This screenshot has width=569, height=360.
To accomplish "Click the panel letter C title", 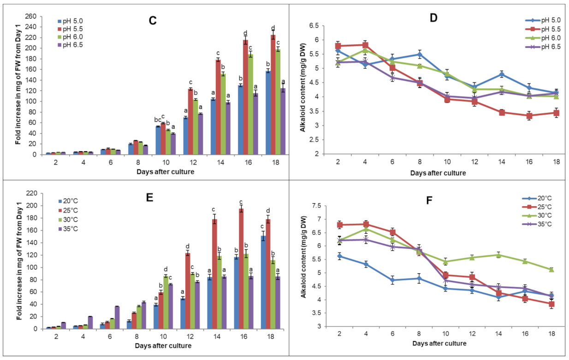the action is (x=153, y=21).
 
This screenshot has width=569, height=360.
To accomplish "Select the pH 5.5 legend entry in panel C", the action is (x=71, y=29).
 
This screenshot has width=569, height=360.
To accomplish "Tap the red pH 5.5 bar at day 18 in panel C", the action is (x=273, y=94).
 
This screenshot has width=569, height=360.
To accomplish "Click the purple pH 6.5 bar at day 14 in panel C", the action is (x=228, y=128).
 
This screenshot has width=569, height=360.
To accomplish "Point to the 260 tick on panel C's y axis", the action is (x=31, y=16).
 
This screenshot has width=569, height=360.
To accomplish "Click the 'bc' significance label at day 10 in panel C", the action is (x=158, y=119).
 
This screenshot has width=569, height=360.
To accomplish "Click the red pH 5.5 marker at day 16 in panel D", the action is (x=529, y=116).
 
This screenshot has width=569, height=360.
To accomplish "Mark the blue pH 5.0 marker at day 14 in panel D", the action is (x=502, y=74).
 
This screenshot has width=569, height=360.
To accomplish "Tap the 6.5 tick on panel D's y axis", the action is (x=314, y=26).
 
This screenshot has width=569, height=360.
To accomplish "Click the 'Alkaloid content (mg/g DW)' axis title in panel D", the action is (x=302, y=88).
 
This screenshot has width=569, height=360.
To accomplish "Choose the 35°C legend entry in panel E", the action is (x=68, y=229).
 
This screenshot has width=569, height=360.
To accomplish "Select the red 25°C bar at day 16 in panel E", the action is (x=241, y=269).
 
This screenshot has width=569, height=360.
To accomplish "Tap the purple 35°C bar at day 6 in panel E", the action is (x=117, y=318).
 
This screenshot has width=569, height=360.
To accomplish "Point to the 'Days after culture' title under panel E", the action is (x=163, y=346).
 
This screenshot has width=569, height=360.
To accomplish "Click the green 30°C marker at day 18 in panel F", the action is (x=551, y=270).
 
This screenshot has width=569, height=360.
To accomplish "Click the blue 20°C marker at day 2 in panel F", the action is (x=339, y=256).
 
